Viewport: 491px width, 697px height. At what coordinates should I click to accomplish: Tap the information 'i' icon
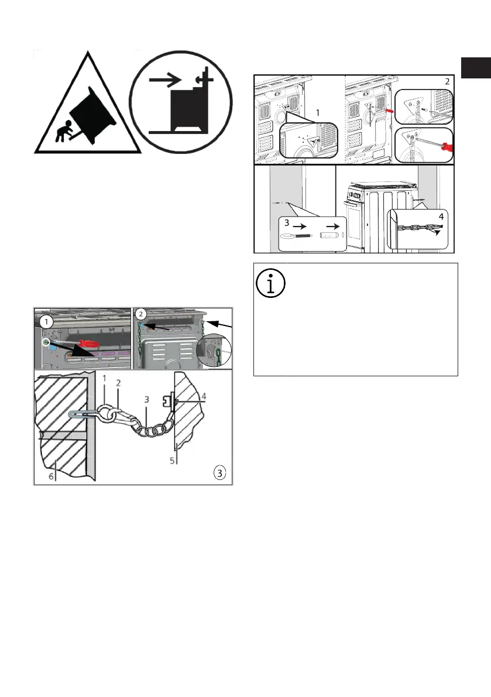271,282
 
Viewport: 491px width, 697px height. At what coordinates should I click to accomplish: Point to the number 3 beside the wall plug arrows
287,223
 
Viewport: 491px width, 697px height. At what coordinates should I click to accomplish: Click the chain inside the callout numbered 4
416,226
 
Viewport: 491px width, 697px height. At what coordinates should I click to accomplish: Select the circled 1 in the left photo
45,322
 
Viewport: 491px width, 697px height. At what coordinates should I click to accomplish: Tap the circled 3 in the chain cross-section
219,472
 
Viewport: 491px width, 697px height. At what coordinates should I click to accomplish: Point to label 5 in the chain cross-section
173,460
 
